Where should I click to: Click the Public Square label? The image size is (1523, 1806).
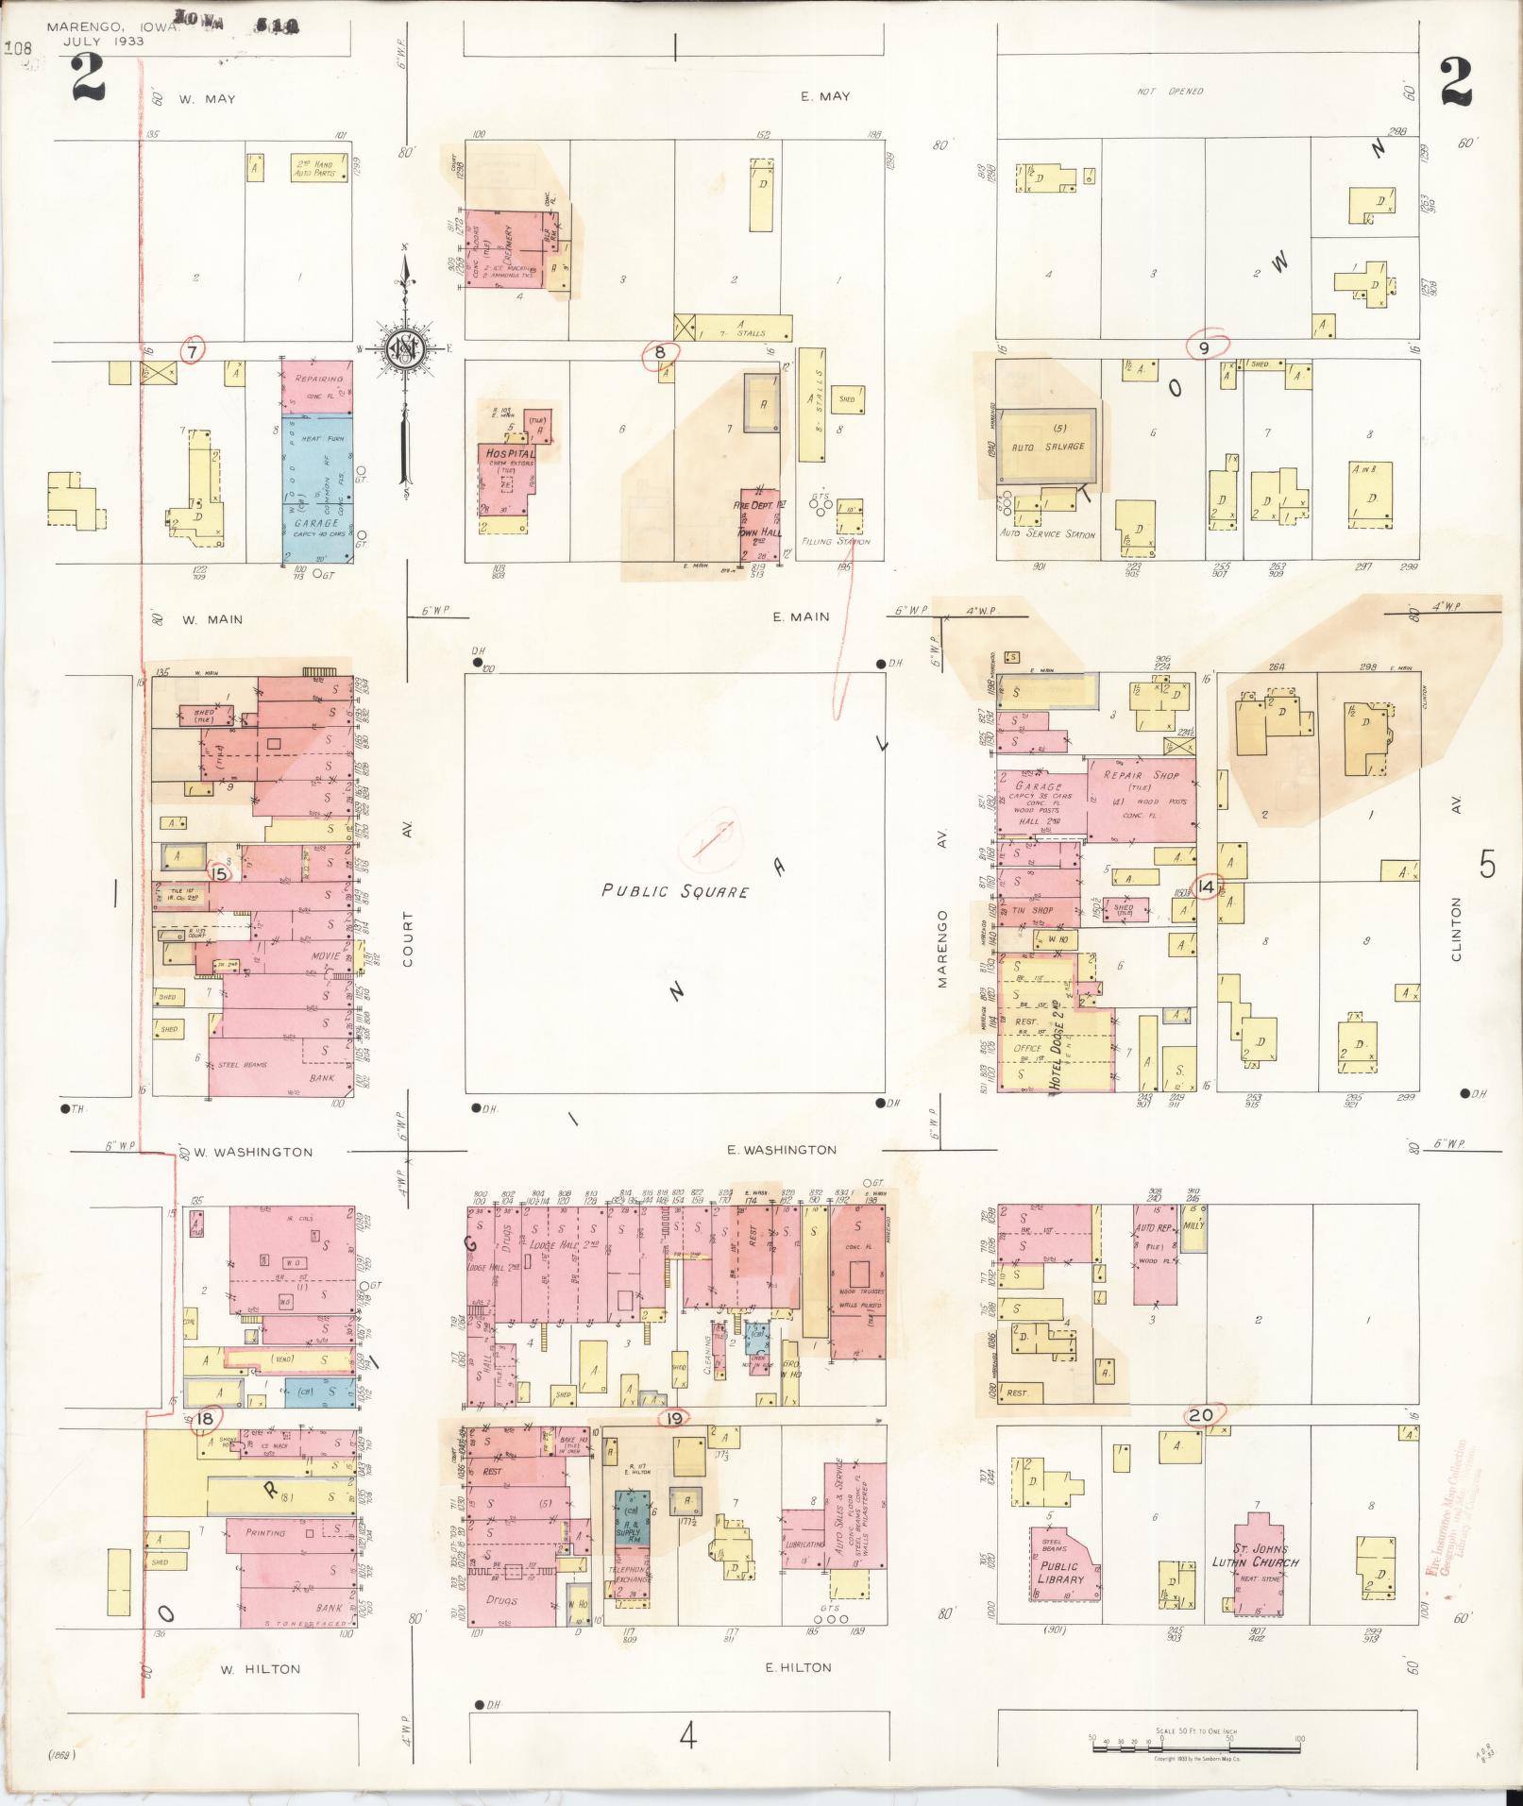[675, 890]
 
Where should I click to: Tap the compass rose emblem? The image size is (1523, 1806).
[406, 349]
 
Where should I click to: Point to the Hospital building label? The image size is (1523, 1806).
[510, 453]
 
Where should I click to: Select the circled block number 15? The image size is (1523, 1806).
[220, 873]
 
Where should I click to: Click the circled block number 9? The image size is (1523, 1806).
[1204, 347]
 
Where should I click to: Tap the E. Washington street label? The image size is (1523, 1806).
[782, 1150]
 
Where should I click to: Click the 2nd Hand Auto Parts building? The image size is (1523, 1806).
[313, 168]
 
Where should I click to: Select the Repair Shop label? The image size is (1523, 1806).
[1140, 776]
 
